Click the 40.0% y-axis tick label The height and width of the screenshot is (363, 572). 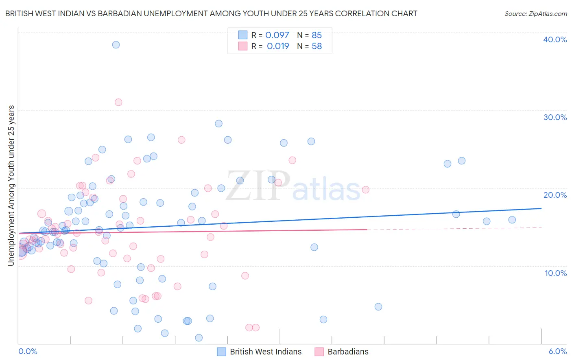(555, 39)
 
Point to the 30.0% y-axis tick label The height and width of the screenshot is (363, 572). (555, 117)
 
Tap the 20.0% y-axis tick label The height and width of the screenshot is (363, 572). (555, 195)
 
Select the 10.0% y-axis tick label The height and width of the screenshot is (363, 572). (556, 273)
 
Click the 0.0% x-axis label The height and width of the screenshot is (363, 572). (28, 352)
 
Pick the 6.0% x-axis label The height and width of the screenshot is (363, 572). (557, 352)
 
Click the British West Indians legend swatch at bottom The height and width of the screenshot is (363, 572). (221, 352)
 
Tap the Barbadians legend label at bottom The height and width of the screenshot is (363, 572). (348, 352)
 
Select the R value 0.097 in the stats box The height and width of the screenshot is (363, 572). (277, 35)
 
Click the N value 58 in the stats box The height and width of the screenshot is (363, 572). (317, 46)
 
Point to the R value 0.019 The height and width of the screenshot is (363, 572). (278, 46)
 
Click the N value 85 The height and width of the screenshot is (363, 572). (317, 35)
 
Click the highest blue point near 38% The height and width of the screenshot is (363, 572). (116, 45)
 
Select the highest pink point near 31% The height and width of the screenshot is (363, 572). (118, 102)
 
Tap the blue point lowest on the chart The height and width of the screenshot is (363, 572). (199, 338)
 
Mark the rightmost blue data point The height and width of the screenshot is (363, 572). (512, 220)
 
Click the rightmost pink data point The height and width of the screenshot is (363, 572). (366, 190)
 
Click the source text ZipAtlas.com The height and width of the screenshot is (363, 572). (536, 14)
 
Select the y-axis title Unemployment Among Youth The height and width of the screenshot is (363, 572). (11, 185)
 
